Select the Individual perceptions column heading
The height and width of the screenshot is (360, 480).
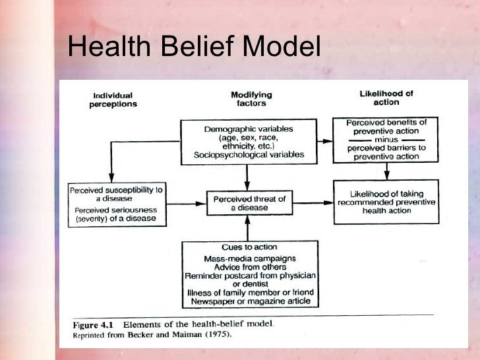point(113,99)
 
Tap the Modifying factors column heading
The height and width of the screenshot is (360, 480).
point(251,99)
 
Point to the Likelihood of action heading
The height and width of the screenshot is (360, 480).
point(386,98)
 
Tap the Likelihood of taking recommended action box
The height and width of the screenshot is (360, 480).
point(386,202)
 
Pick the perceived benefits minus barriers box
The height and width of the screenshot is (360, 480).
point(386,139)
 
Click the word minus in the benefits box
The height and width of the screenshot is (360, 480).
point(387,140)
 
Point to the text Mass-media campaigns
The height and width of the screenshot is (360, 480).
point(250,258)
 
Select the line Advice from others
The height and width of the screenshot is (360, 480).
point(250,266)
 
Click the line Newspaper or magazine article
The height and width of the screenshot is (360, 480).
point(250,301)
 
